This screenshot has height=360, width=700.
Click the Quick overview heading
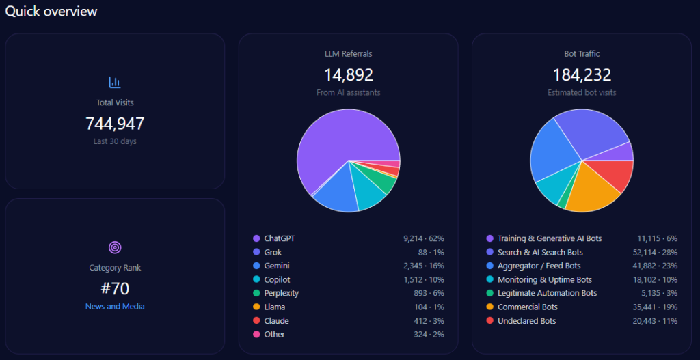coord(51,12)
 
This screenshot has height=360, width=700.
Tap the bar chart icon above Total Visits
coord(115,83)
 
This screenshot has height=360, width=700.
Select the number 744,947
coord(115,124)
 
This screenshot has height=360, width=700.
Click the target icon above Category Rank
coord(115,247)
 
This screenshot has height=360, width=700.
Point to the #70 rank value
coord(115,288)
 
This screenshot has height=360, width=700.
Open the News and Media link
coord(115,307)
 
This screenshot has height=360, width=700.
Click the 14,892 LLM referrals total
coord(348,74)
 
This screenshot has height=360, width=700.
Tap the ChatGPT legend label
coord(280,238)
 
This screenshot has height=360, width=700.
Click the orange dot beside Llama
coord(256,307)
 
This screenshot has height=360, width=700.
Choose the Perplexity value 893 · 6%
coord(424,293)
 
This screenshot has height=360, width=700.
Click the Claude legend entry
coord(276,320)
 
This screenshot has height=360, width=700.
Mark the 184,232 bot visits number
coord(581,74)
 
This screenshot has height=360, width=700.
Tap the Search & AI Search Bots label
coord(540,252)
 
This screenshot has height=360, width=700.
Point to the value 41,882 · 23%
coord(654,266)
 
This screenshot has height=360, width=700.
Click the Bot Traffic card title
coord(581,53)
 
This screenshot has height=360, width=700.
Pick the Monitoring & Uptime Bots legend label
coord(545,279)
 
